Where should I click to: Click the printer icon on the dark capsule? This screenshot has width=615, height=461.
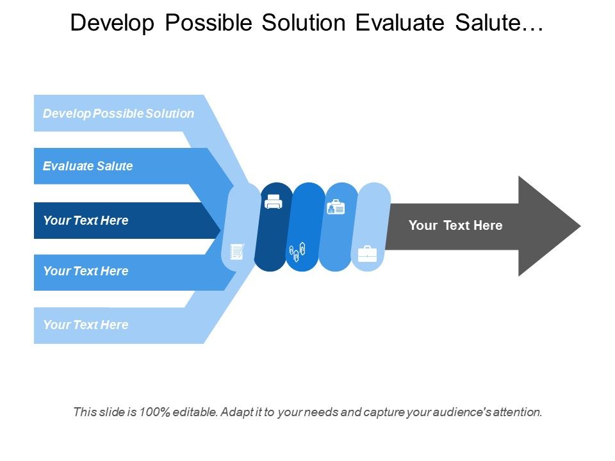274,202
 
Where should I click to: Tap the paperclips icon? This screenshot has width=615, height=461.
297,252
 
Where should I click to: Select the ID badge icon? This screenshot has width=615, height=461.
336,207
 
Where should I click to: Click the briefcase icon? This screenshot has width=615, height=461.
368,254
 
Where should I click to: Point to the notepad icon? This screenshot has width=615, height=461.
237,251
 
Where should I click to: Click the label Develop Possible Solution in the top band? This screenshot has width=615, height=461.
119,113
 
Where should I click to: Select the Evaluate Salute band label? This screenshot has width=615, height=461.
88,166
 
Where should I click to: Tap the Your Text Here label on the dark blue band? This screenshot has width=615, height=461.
86,220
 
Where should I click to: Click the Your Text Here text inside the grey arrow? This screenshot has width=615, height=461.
455,225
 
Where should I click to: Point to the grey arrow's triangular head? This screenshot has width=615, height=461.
545,226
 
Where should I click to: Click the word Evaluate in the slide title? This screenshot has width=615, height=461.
400,22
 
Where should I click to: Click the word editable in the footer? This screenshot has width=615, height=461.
195,412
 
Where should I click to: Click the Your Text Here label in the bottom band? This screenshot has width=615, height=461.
86,325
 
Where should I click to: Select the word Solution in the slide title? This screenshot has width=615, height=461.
304,22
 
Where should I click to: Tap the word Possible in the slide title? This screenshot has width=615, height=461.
208,22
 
